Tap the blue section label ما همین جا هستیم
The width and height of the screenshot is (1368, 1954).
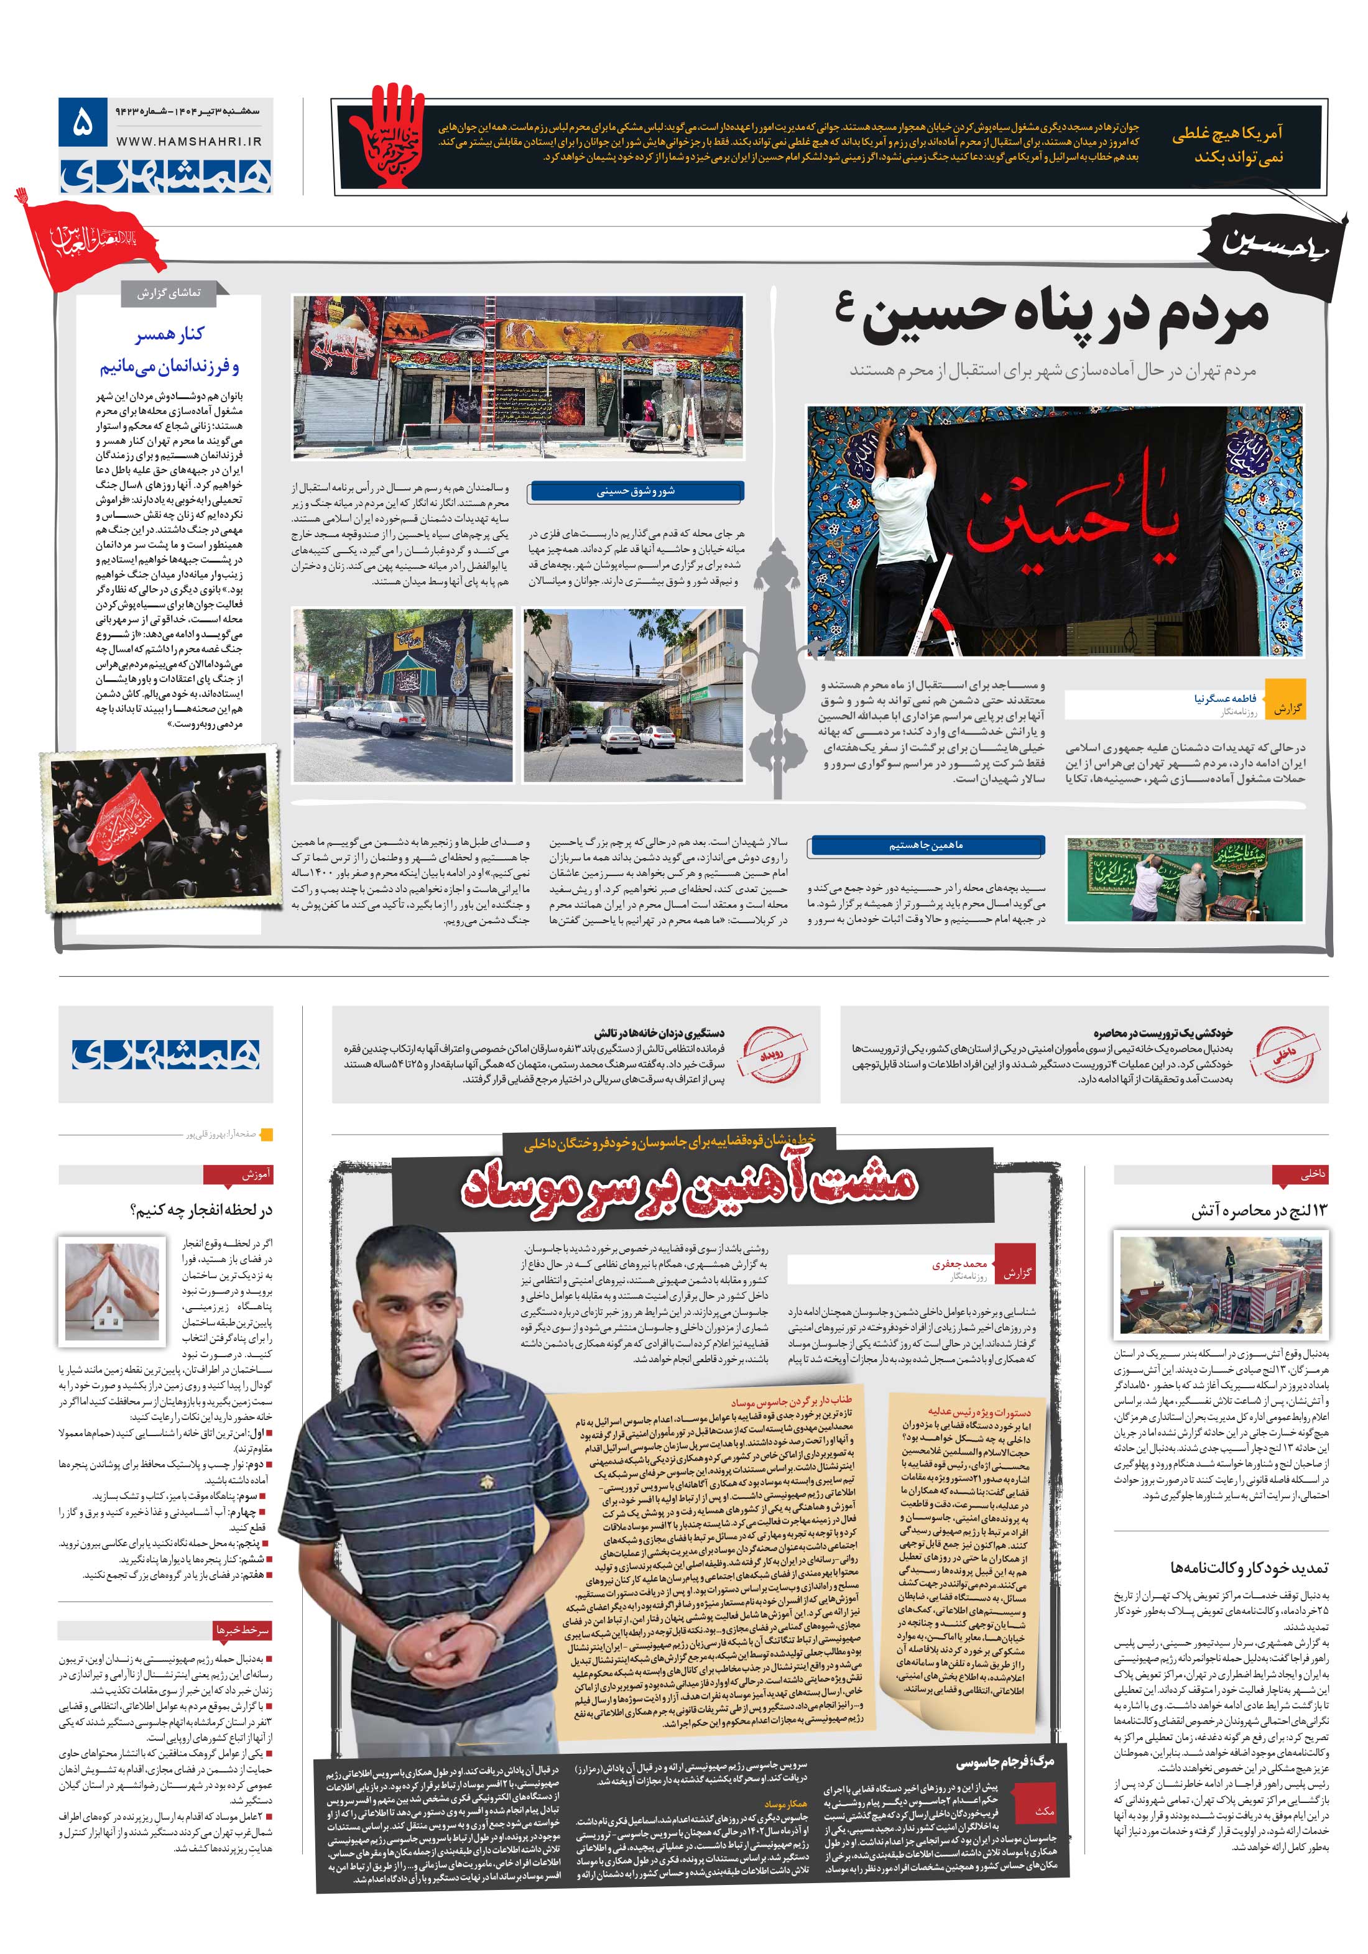pos(925,845)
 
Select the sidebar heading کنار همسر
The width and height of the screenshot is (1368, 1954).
pos(170,334)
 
